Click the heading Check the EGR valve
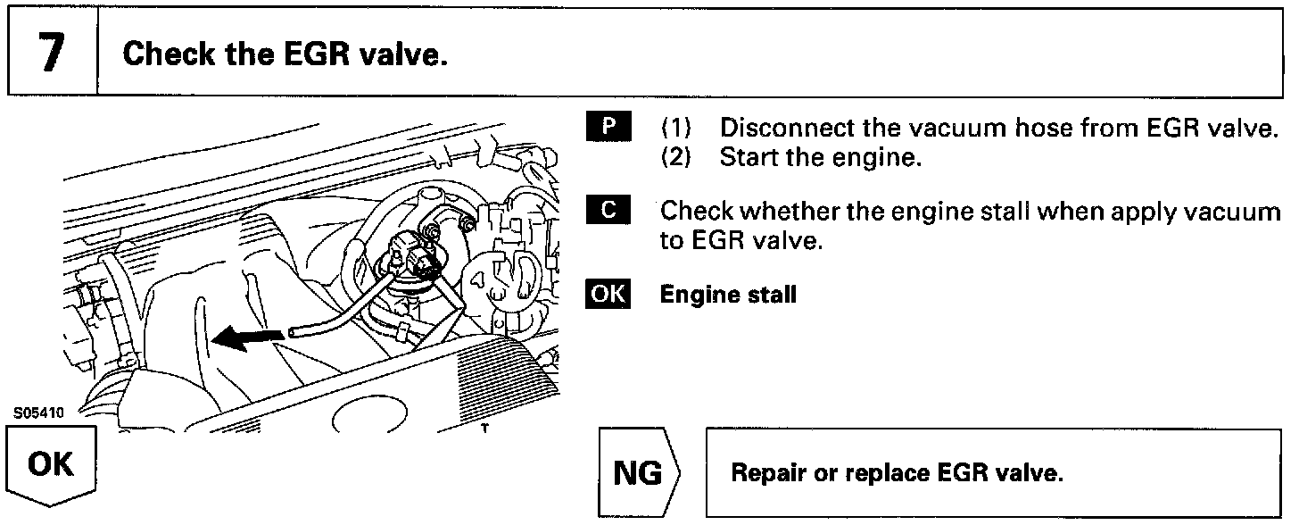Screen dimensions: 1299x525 [284, 54]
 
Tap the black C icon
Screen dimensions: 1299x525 [608, 210]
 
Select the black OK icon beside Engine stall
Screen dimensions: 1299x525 [608, 294]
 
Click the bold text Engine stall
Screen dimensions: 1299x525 [728, 295]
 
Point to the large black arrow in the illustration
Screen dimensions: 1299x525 [242, 337]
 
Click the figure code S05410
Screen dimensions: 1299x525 [33, 413]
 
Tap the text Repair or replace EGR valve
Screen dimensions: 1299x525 [897, 474]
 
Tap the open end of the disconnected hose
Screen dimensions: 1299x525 [294, 332]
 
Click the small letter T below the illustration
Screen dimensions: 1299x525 [485, 428]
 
